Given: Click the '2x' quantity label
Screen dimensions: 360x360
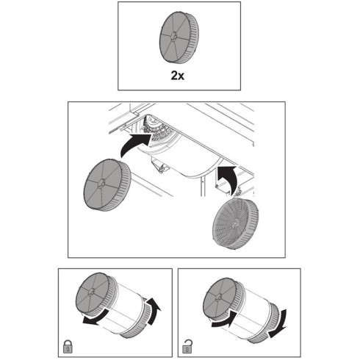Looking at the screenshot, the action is pos(178,76).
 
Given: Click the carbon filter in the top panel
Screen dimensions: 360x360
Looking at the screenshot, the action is pos(179,37).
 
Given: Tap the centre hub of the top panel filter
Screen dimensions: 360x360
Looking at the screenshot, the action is pos(173,36).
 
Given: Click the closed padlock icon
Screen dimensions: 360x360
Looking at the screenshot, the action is pos(68,347).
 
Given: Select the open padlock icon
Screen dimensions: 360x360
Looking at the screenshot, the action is pos(187,347).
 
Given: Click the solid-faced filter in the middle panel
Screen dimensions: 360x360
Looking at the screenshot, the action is pos(107,185).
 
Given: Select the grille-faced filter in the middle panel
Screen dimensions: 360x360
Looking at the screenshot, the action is pos(235,223).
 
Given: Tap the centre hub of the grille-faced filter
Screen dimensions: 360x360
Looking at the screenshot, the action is pos(235,223).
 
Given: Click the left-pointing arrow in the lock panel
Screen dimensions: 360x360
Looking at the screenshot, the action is pos(96,317).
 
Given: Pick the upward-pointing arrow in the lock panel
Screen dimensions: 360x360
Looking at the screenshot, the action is pos(152,310).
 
